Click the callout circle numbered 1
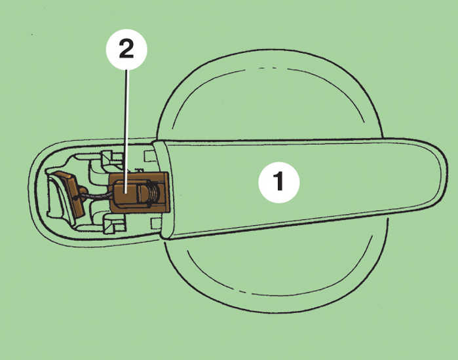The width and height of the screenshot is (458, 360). (x=279, y=183)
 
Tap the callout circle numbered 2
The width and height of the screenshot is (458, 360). (x=126, y=49)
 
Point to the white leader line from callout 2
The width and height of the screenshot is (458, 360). (x=126, y=132)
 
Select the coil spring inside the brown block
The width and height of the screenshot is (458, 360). (x=154, y=192)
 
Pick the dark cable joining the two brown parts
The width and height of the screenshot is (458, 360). (x=98, y=196)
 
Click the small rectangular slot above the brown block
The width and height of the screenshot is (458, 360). (x=150, y=156)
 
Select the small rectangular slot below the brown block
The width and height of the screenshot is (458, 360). (x=156, y=224)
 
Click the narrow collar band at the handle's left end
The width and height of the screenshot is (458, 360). (x=164, y=190)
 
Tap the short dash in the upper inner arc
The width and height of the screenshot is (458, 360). (x=274, y=68)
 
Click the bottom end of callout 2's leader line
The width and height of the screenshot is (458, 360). (x=126, y=193)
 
